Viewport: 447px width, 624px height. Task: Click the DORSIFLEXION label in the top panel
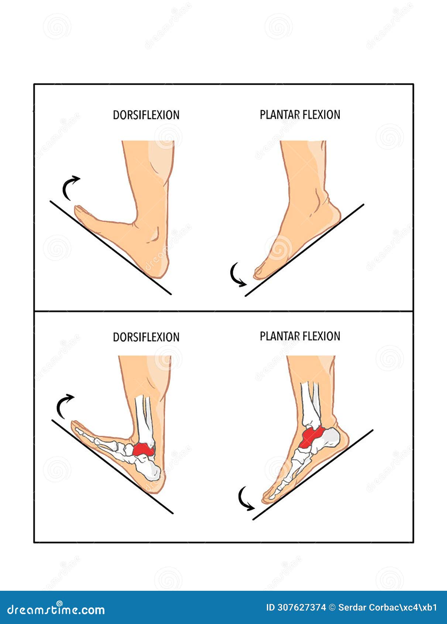(146, 115)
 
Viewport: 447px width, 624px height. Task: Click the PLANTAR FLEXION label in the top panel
(300, 115)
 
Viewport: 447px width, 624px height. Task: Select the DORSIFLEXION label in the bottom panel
(146, 337)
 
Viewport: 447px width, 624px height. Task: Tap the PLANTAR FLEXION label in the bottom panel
(300, 336)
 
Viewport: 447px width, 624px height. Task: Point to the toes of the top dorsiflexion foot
(81, 211)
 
